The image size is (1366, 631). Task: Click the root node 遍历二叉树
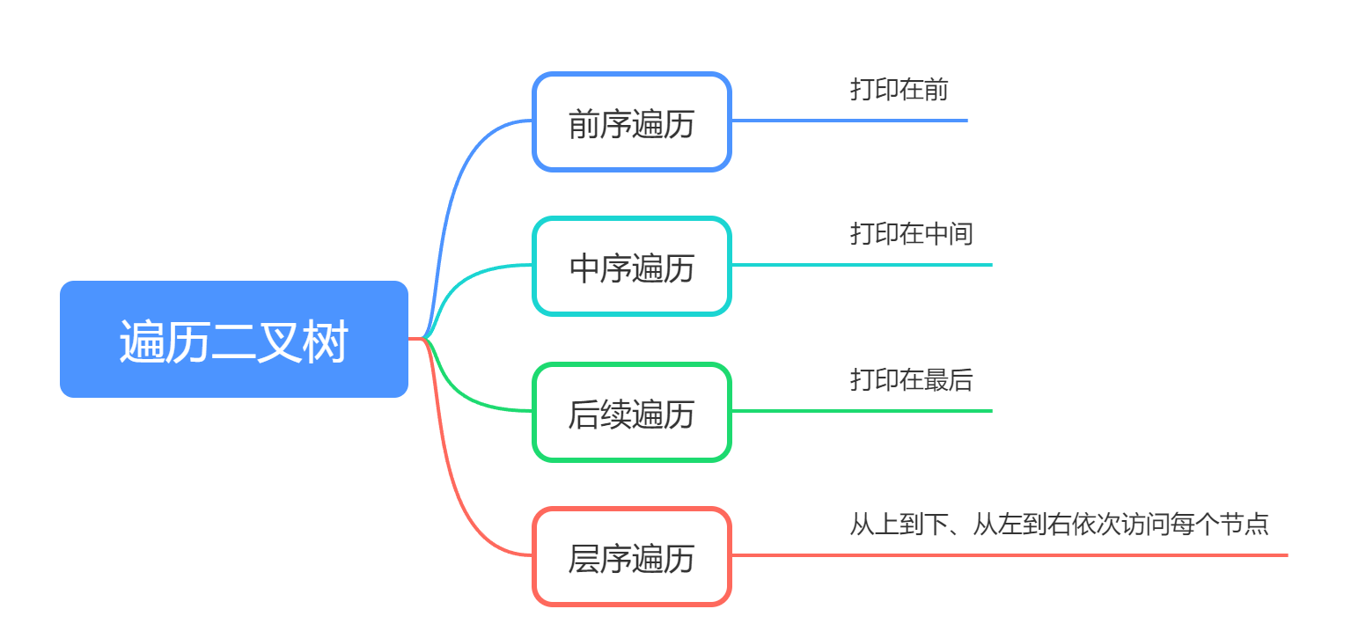pos(234,339)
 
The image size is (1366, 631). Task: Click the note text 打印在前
pos(900,90)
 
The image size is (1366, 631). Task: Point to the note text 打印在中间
pos(912,234)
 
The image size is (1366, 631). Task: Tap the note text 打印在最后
pos(912,380)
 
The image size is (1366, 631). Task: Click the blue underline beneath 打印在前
pos(849,121)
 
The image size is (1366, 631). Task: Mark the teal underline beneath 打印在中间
pos(862,265)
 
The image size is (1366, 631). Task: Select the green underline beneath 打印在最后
pos(862,412)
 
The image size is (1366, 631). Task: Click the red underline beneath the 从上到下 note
pos(1010,555)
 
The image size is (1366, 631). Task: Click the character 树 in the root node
pos(325,341)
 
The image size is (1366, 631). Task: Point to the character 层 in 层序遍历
pos(584,559)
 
